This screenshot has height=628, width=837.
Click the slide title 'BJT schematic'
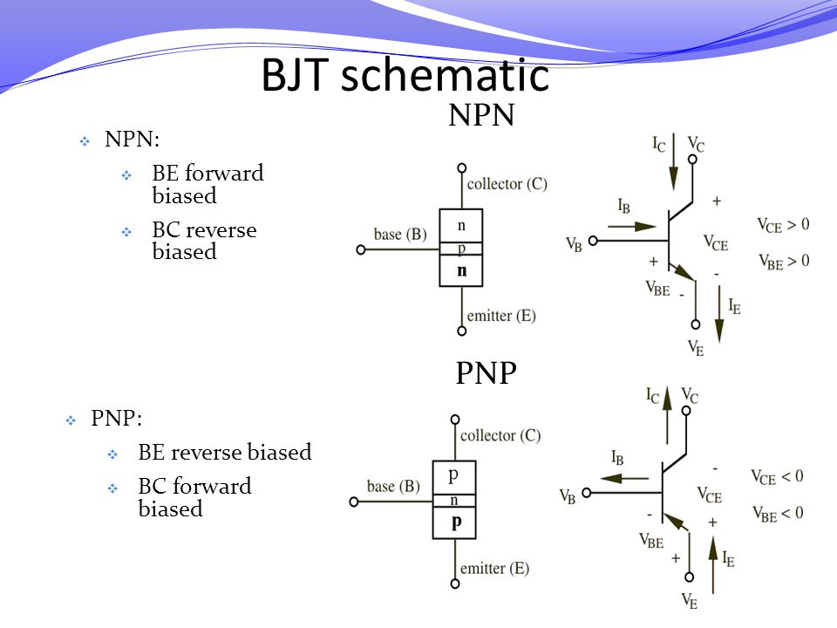coord(405,75)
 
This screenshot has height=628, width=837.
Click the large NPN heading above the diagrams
coord(481,115)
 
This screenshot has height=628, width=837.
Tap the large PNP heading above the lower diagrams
coord(486,372)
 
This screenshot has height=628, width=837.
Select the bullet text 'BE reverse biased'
coord(225,453)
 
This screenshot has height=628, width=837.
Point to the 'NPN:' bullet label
coord(132,139)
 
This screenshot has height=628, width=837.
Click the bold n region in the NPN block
coord(462,270)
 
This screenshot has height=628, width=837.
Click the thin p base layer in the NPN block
coord(461,249)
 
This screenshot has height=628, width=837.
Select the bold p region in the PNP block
coord(455,522)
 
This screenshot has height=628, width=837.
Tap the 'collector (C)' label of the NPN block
coord(507,184)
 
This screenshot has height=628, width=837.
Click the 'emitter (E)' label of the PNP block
coord(495,569)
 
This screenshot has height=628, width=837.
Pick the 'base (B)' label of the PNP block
coord(393,487)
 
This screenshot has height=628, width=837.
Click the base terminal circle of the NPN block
coord(361,249)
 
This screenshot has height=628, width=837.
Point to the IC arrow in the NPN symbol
coord(674,162)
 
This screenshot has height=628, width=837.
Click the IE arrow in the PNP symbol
coord(712,564)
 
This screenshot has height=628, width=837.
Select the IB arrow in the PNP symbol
coord(624,479)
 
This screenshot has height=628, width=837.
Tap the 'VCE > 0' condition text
coord(783,225)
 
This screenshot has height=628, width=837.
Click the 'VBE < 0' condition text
coord(778,514)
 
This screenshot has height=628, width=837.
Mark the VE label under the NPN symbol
coord(696,348)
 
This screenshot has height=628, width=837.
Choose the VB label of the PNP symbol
coord(568,496)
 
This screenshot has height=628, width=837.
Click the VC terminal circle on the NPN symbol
coord(692,159)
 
